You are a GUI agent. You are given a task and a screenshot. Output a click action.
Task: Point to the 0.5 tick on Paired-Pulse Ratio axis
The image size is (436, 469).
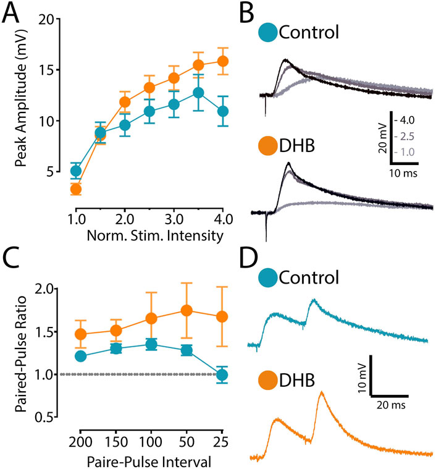click(50, 417)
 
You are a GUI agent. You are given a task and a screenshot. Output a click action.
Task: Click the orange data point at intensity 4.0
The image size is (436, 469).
click(222, 61)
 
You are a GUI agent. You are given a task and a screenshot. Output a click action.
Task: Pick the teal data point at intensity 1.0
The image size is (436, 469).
click(76, 171)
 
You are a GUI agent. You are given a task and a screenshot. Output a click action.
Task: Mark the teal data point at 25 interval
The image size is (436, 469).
click(222, 374)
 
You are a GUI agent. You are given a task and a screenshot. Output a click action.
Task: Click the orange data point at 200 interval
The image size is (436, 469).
click(80, 334)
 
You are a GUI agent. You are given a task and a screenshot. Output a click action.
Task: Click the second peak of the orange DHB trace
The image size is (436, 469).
click(321, 392)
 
